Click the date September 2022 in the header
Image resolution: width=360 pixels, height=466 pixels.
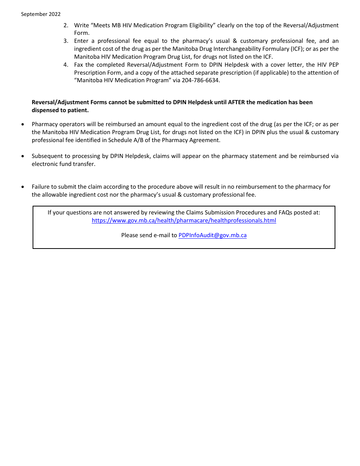point(41,14)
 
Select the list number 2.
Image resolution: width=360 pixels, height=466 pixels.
point(66,25)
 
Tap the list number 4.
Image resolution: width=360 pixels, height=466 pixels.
point(66,65)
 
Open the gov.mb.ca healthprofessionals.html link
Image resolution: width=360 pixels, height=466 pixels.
point(184,220)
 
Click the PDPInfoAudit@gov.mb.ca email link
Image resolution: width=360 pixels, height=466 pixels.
point(212,235)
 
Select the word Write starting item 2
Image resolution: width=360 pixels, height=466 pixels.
point(81,25)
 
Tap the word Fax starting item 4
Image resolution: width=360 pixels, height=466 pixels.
point(79,65)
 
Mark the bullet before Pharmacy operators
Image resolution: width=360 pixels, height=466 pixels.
point(23,125)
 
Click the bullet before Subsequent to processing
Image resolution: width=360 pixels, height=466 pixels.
point(23,156)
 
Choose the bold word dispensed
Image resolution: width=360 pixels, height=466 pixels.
point(45,110)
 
